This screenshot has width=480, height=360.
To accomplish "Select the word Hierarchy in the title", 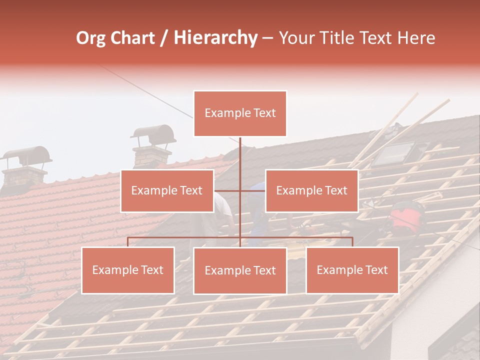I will [x=215, y=38].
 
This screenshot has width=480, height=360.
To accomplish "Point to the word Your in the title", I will [x=295, y=38].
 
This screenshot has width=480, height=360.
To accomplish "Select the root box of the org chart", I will [x=240, y=113].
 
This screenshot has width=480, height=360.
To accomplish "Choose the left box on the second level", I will [x=167, y=190].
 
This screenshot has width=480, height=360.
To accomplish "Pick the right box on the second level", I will [x=311, y=190].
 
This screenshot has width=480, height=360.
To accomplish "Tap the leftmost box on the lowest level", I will [x=128, y=270].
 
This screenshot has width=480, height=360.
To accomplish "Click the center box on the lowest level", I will [x=240, y=271].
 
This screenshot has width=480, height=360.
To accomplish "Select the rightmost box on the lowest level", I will [x=352, y=270].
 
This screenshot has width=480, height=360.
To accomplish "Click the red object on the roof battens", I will [x=406, y=217].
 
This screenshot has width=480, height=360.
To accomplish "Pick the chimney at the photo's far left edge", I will [x=25, y=167].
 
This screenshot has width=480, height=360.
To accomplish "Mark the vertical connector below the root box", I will [x=240, y=160].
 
